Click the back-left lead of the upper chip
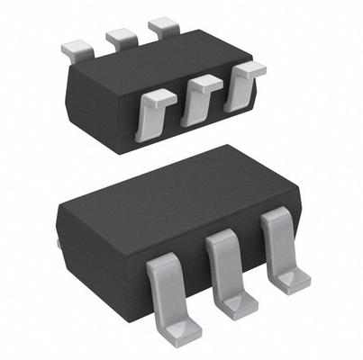click(x=76, y=43)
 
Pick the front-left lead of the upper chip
click(x=153, y=112)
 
